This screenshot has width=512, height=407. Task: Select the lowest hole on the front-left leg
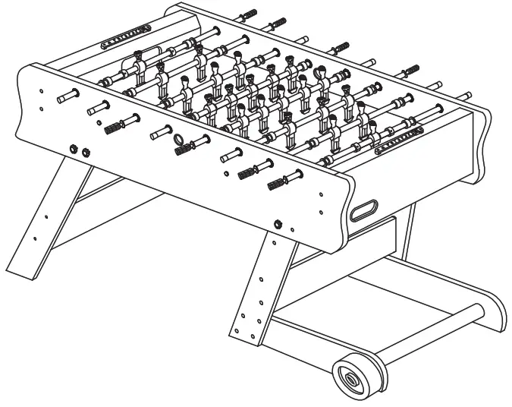pos(35,238)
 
